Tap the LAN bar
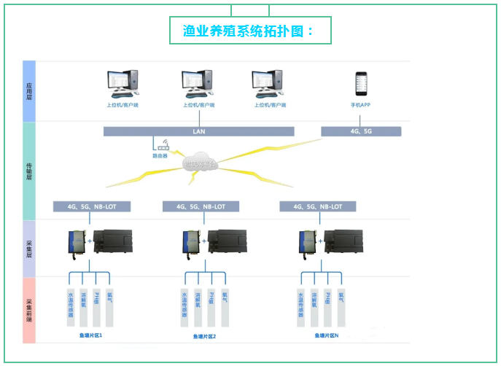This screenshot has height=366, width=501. [198, 132]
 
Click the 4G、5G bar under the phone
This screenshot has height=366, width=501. [361, 132]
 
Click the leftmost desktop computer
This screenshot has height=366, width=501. [122, 84]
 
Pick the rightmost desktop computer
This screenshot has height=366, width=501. [268, 84]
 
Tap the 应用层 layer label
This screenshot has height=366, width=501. [29, 91]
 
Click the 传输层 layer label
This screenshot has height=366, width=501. [29, 171]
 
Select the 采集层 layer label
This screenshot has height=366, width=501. [29, 249]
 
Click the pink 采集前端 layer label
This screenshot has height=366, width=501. [29, 311]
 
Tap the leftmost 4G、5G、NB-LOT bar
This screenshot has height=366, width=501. [91, 206]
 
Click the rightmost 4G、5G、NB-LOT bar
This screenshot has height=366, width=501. [317, 206]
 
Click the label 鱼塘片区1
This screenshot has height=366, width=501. [91, 335]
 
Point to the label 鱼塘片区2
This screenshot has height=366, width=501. [204, 336]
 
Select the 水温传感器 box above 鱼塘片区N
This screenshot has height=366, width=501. [300, 307]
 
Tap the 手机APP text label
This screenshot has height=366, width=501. [360, 105]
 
